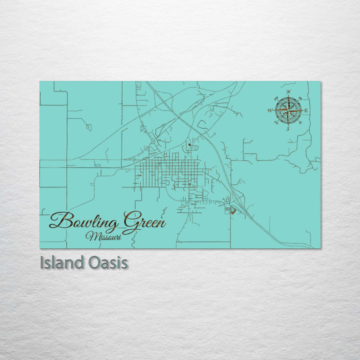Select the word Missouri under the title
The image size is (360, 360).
103,235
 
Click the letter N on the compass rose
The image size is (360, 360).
288,91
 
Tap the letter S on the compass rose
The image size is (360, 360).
287,129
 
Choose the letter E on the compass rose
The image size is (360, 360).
306,110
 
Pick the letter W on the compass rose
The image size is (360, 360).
270,110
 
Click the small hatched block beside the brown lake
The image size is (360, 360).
227,208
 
